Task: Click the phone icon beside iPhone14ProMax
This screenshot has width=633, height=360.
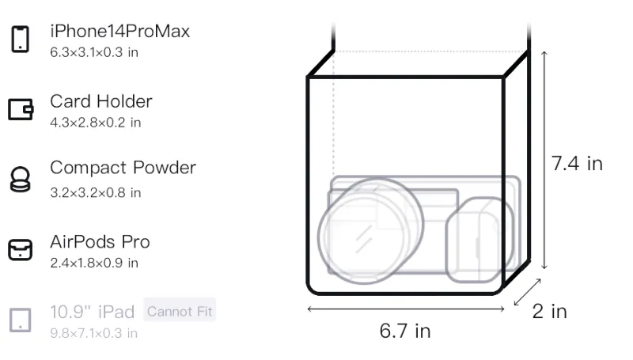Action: [x=21, y=39]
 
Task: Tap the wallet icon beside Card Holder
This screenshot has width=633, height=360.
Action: [x=21, y=109]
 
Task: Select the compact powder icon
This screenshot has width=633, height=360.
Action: [x=21, y=179]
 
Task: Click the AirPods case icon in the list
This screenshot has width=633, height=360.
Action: [x=21, y=249]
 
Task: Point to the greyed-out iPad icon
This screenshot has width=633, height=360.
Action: [x=21, y=320]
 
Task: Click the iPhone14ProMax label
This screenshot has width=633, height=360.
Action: [x=120, y=32]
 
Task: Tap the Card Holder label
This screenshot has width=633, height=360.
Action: [x=101, y=101]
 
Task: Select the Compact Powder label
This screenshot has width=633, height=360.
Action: [x=123, y=168]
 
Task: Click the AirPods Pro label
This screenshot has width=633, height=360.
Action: [x=100, y=242]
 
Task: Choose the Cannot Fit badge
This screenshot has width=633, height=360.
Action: [x=180, y=312]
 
